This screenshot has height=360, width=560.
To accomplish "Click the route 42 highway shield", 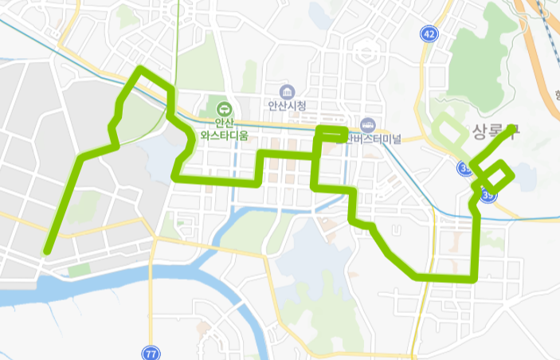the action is click(430, 33).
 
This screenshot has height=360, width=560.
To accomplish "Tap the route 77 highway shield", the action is click(151, 352).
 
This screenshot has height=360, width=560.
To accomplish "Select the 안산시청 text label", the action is click(287, 105).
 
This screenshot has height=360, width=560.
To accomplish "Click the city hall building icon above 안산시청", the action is click(287, 91).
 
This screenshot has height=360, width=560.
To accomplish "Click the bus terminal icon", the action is click(368, 125).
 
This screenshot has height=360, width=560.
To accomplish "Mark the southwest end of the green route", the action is click(47, 251).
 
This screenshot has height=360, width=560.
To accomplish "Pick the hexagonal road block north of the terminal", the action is click(367, 54).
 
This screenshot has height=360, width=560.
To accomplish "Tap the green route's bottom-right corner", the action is click(474, 278).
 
